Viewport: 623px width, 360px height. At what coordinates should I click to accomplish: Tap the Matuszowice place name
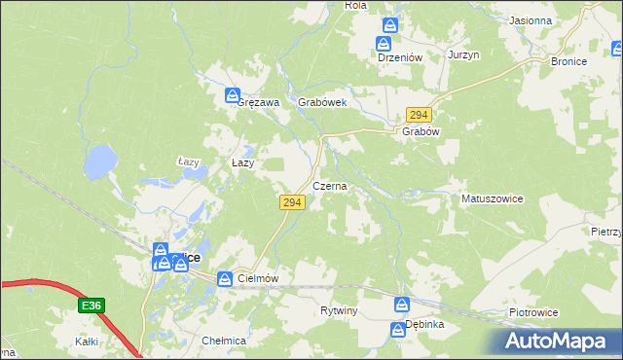(x=492, y=198)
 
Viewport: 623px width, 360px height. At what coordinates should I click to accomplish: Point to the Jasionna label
(x=530, y=20)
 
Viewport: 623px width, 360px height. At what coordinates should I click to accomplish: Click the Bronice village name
(x=568, y=61)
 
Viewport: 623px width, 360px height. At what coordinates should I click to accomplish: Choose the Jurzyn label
(x=464, y=56)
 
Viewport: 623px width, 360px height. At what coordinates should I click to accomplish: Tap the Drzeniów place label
(x=399, y=57)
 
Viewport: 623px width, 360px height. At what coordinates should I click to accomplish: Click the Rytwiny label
(x=340, y=310)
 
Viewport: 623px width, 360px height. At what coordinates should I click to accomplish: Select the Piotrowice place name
(x=533, y=312)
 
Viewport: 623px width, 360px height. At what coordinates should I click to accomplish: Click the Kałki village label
(x=87, y=342)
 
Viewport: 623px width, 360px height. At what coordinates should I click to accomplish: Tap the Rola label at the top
(x=355, y=5)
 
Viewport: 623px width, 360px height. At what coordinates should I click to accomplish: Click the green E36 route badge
(x=91, y=306)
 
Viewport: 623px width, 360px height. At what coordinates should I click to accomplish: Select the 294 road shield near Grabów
(x=419, y=115)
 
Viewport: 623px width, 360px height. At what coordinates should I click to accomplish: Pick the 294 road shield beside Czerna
(x=293, y=202)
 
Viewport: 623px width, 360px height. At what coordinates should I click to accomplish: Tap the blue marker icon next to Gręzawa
(x=232, y=95)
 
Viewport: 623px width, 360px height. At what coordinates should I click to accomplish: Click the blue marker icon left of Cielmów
(x=225, y=279)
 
